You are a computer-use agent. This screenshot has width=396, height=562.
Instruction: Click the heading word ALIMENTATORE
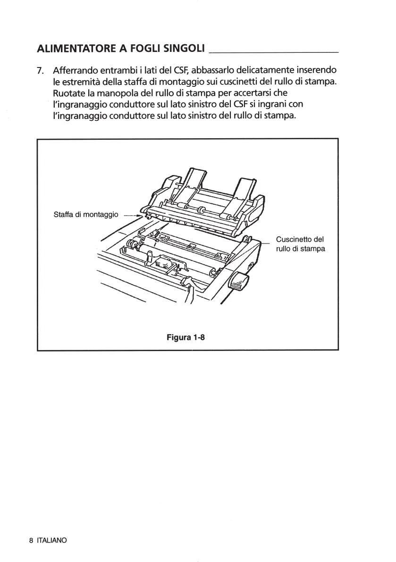click(x=76, y=49)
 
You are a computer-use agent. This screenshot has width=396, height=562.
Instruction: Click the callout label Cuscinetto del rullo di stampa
click(x=300, y=244)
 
